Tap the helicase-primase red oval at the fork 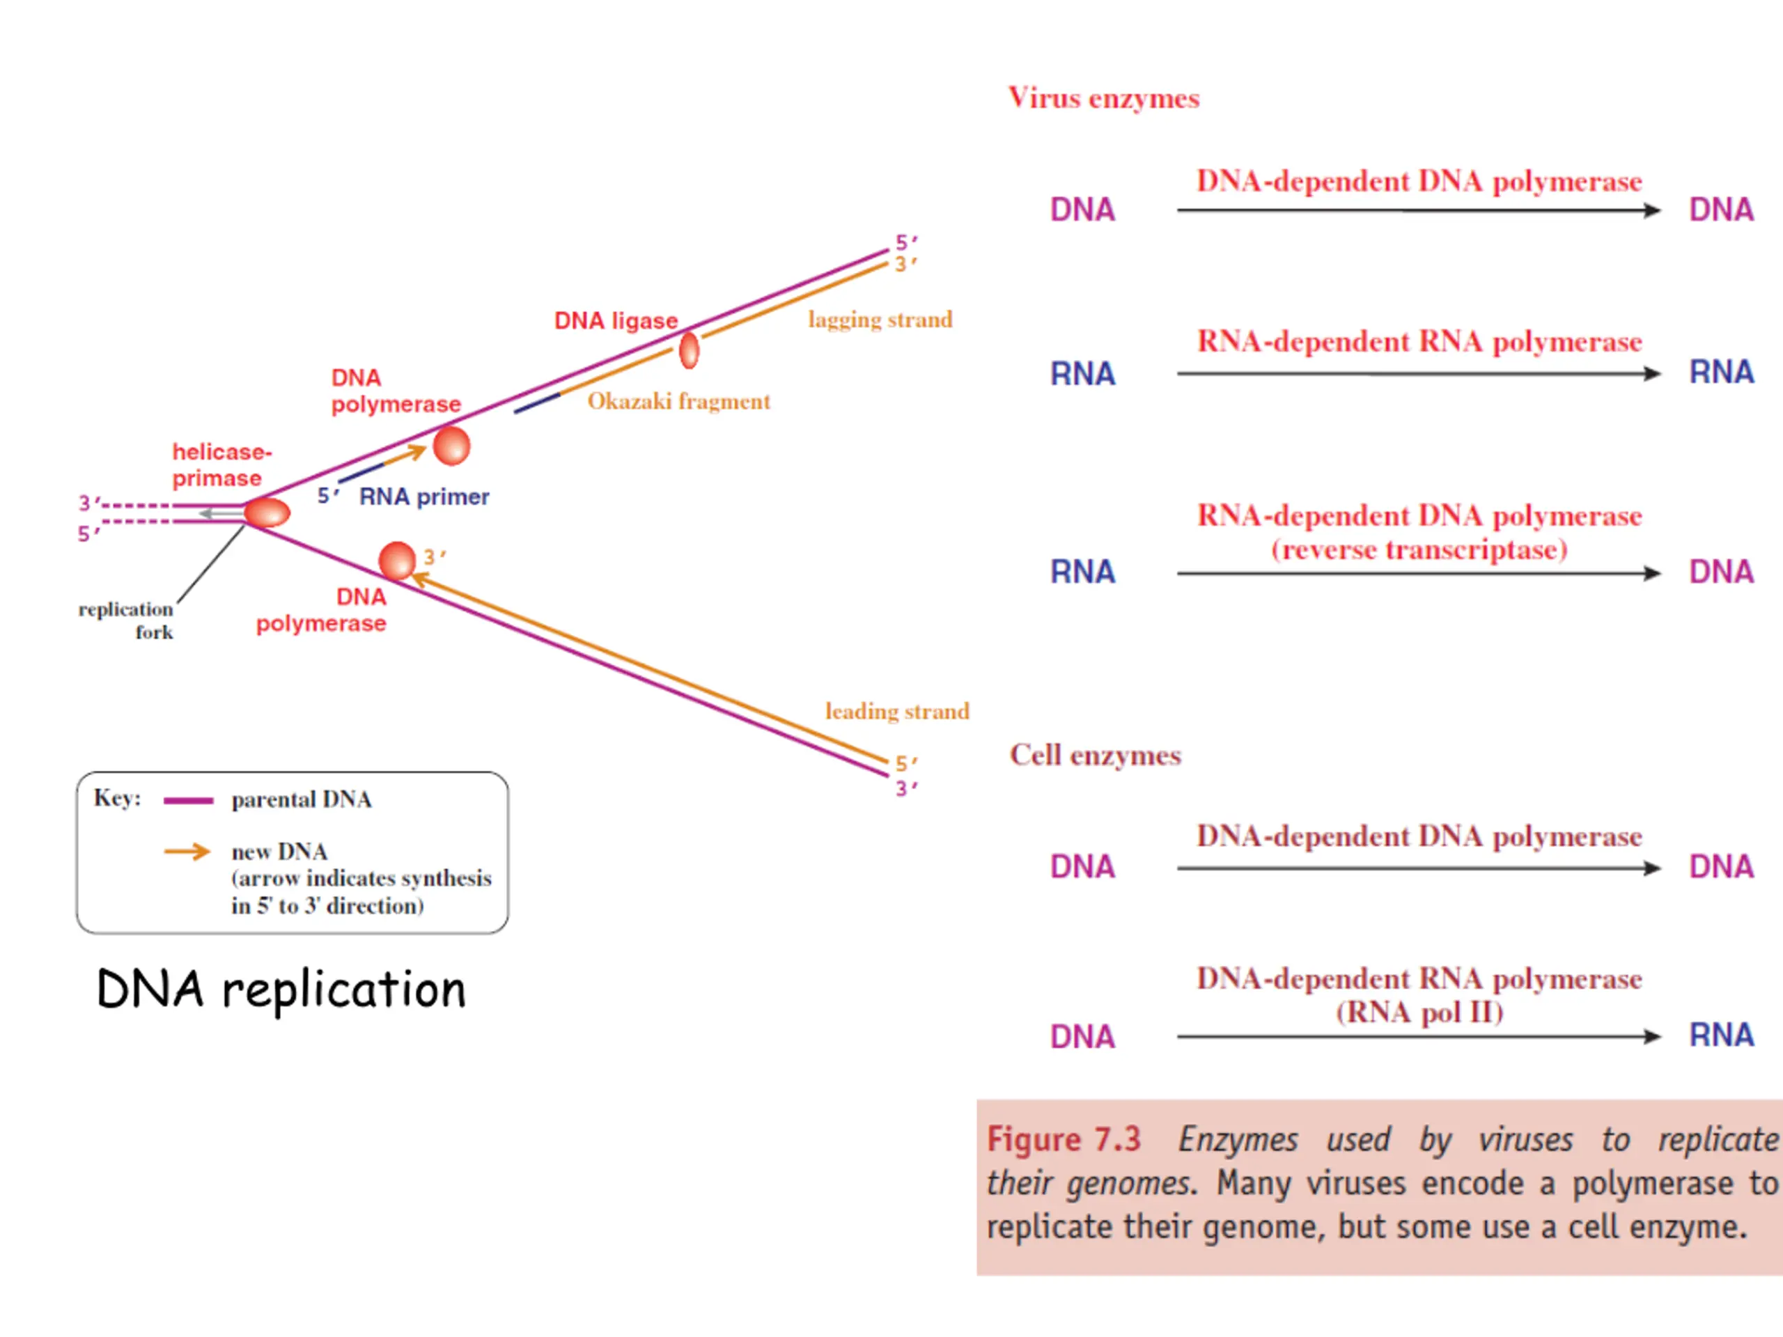267,513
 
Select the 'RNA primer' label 424,497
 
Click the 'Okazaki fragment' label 678,401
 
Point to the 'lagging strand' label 880,320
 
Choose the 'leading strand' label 897,712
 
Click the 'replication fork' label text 126,620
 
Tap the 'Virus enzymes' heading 1103,98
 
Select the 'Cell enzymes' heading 1096,755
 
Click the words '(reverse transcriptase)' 1419,549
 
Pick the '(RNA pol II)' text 1419,1012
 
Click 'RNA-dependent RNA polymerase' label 1419,342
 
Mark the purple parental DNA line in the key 189,801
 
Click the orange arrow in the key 188,852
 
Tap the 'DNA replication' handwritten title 281,989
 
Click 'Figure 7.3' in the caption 1064,1139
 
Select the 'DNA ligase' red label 616,321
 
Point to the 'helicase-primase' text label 222,465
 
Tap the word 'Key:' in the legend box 118,798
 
